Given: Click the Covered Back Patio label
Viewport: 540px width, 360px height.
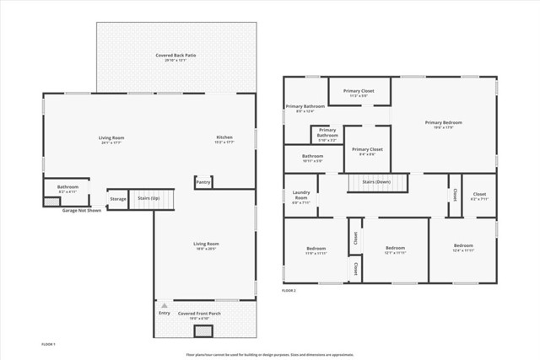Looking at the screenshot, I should coord(175,56).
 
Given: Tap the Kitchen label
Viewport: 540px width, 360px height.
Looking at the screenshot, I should coord(224,137).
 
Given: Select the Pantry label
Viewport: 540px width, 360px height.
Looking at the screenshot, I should coord(203,181).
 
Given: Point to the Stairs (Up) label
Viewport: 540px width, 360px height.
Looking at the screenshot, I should coord(149,198).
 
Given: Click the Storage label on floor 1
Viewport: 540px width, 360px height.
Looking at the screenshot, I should coord(118,199).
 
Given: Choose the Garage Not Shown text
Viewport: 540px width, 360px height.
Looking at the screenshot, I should coord(82,211).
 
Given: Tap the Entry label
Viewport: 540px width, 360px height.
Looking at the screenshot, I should coord(164,313).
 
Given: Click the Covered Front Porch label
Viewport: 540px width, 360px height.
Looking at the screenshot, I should coord(199,313).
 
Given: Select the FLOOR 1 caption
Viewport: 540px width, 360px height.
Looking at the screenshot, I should coord(49,345).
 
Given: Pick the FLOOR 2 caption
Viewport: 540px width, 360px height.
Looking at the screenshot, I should coord(289,291).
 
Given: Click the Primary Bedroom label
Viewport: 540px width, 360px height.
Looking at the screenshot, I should coord(443,122).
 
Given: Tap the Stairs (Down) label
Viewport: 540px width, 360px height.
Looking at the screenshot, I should coord(376,181).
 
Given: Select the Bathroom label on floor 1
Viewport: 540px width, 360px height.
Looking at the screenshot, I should coord(67,186).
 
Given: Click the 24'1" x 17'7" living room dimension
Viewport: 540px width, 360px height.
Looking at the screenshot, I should coord(111,143).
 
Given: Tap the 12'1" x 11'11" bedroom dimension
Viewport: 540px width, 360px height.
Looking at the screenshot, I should coord(396,253).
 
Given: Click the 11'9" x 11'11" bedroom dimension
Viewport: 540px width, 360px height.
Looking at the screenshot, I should coord(316,253).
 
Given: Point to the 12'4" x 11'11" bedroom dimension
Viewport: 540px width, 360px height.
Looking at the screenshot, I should coord(463,250).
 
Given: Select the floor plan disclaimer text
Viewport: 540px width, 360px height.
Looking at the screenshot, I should coord(270,355).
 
